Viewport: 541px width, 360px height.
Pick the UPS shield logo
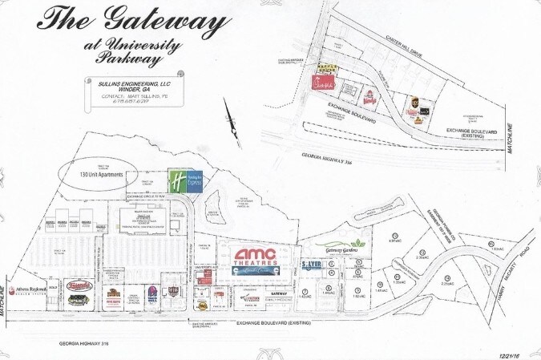414,102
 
